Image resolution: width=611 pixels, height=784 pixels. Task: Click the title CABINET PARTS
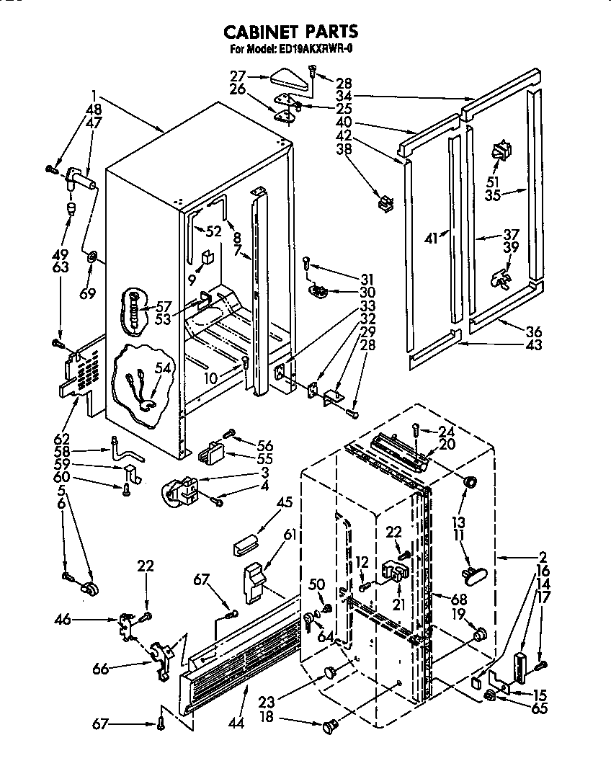(x=290, y=32)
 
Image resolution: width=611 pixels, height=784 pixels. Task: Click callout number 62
(x=62, y=439)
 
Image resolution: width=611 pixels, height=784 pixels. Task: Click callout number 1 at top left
(x=94, y=94)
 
